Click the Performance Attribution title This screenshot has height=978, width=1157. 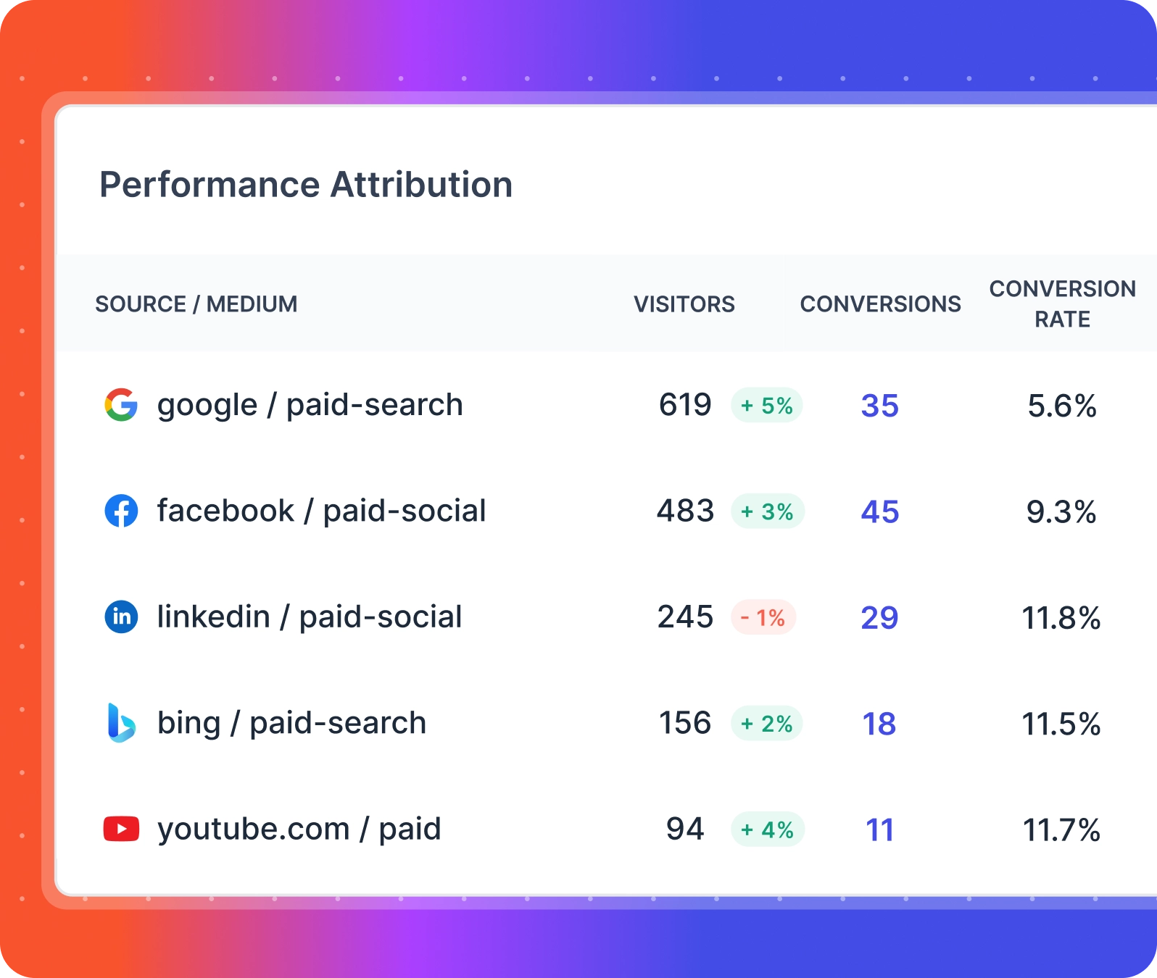[x=305, y=185]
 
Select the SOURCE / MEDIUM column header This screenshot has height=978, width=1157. [x=196, y=304]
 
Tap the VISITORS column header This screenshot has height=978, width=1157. [x=684, y=304]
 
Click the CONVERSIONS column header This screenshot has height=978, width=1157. [x=880, y=304]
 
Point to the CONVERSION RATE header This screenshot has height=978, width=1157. [x=1062, y=304]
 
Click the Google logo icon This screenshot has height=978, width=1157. [x=121, y=405]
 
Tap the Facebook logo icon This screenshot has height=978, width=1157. [x=121, y=511]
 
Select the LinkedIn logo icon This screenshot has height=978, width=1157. [x=121, y=617]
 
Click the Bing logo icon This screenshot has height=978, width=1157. [x=121, y=723]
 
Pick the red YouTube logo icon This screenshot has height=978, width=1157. [x=121, y=829]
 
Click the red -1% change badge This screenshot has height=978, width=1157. [x=763, y=618]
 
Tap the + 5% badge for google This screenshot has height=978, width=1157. [x=766, y=406]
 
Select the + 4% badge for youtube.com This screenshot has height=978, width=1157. [x=767, y=829]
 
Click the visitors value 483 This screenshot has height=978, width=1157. [x=685, y=511]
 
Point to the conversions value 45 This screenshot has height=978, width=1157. [x=879, y=512]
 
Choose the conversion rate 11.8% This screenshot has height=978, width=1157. [x=1061, y=618]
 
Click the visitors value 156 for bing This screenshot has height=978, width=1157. [x=684, y=723]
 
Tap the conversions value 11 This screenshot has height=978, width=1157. [x=879, y=830]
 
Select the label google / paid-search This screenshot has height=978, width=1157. [x=310, y=405]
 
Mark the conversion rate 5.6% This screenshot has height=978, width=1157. [x=1061, y=406]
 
